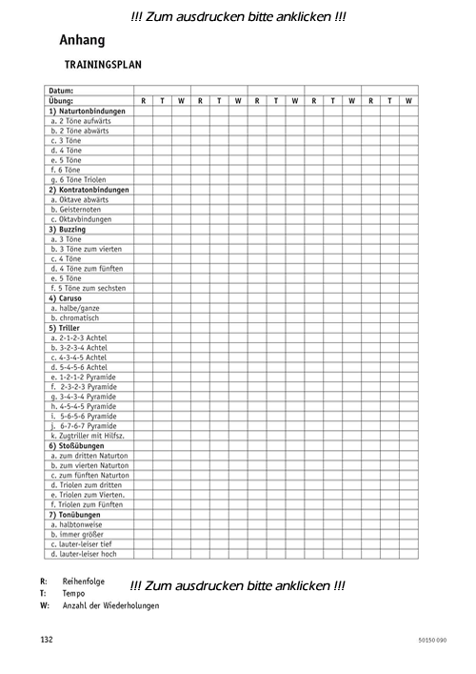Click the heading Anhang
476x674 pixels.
(82, 41)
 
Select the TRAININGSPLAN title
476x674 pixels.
(103, 66)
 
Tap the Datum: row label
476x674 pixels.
(62, 91)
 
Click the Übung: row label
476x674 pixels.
(62, 101)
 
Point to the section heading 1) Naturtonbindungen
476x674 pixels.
(87, 111)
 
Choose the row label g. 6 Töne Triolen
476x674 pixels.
(78, 179)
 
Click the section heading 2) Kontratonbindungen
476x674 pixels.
(89, 190)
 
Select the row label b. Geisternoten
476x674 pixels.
(76, 209)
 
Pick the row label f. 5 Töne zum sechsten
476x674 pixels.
(88, 288)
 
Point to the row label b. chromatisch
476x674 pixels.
(75, 317)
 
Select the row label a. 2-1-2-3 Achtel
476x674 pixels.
(79, 337)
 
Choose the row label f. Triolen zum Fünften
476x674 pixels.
(88, 504)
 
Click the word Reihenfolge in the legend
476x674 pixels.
(84, 581)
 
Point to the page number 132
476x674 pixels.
(47, 639)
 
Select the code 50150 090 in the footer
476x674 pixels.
(431, 640)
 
